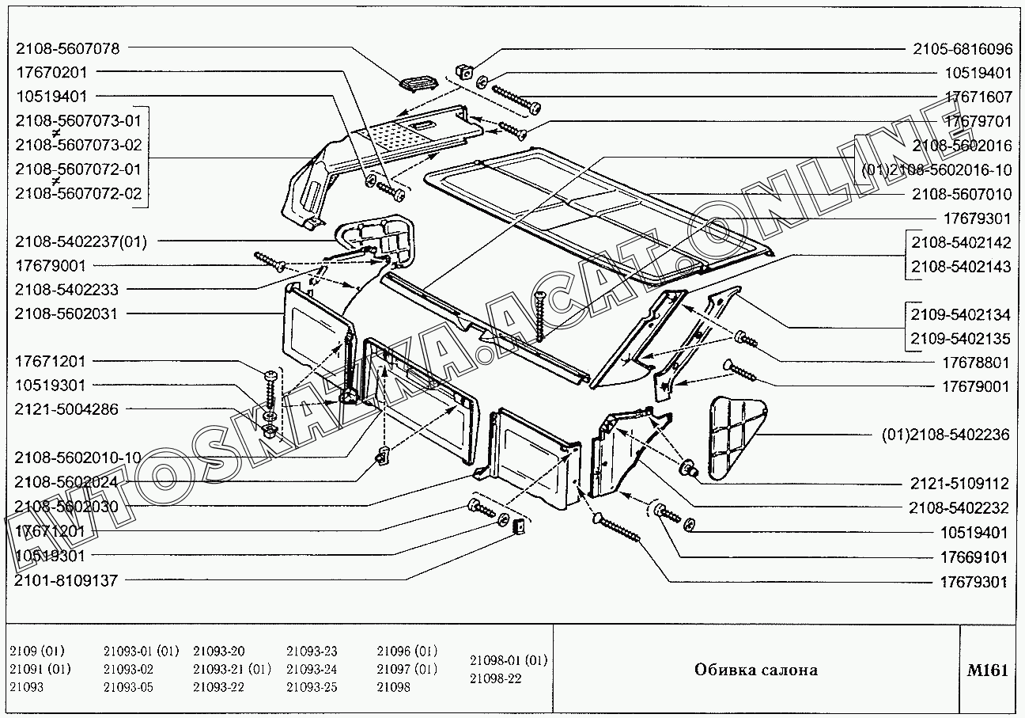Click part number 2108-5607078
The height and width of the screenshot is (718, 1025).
pyautogui.click(x=67, y=48)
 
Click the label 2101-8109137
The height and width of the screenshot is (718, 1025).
pyautogui.click(x=66, y=580)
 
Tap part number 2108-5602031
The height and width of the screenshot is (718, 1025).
pyautogui.click(x=66, y=313)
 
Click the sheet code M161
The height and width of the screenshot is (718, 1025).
pyautogui.click(x=987, y=671)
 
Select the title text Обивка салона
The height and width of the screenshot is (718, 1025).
pyautogui.click(x=755, y=671)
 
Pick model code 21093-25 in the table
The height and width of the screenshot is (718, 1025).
pyautogui.click(x=312, y=687)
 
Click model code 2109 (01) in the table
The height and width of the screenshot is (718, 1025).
pyautogui.click(x=37, y=652)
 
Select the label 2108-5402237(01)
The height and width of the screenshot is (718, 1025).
pyautogui.click(x=81, y=241)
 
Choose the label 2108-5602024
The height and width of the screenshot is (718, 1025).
pyautogui.click(x=66, y=482)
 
